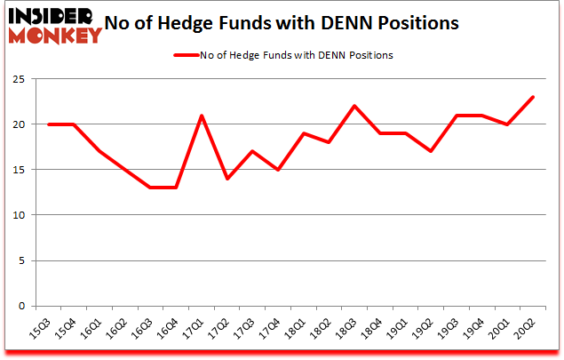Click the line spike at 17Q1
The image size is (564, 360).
(x=202, y=116)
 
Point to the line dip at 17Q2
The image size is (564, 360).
(x=227, y=179)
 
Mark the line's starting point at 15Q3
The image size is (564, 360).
(x=49, y=124)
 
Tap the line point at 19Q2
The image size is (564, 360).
(x=431, y=151)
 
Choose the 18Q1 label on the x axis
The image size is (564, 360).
(x=298, y=331)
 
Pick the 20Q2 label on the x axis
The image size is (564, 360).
(x=528, y=331)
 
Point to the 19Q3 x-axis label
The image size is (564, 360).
(x=451, y=331)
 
